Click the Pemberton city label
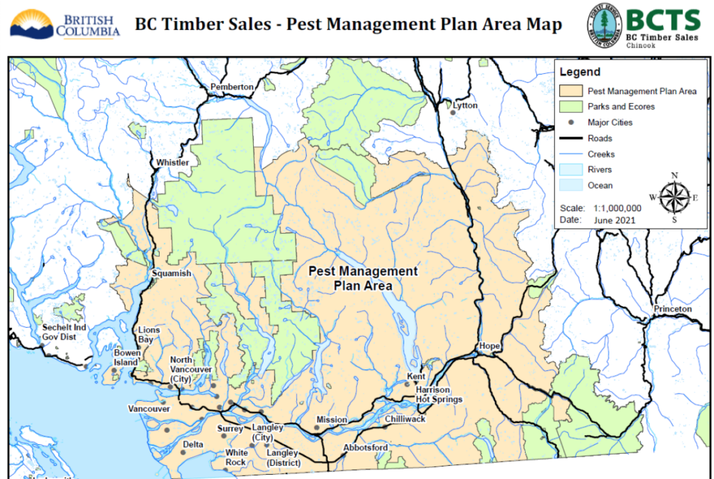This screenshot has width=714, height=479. (x=232, y=86)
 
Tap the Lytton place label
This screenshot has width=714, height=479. (x=465, y=105)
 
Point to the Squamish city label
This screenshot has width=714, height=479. (x=172, y=273)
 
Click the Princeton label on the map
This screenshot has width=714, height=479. (x=672, y=308)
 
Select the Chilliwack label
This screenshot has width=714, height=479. (x=404, y=419)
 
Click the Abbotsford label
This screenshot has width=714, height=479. (x=365, y=447)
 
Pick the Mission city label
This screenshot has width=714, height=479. (x=331, y=420)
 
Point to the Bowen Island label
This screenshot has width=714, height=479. (x=127, y=358)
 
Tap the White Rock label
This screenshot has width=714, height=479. (x=236, y=457)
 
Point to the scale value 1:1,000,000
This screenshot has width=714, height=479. (x=617, y=208)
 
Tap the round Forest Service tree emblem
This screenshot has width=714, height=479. (x=604, y=25)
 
